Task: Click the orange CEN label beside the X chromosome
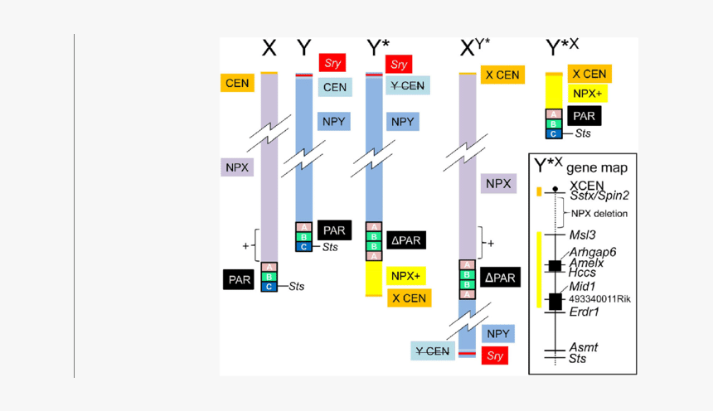[237, 83]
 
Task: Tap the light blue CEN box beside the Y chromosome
[335, 87]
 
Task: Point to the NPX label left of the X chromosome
[237, 167]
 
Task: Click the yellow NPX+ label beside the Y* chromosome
[405, 276]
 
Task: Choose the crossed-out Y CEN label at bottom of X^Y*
[431, 351]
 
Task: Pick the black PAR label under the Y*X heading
[584, 116]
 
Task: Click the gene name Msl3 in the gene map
[582, 235]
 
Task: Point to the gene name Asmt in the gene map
[583, 347]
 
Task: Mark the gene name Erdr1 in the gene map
[584, 312]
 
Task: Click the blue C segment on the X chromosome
[269, 287]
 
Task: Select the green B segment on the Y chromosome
[304, 237]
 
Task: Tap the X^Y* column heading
[475, 49]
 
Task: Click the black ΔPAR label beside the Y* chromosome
[405, 240]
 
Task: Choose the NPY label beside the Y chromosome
[335, 122]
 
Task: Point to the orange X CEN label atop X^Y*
[502, 75]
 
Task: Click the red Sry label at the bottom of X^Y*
[495, 355]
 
